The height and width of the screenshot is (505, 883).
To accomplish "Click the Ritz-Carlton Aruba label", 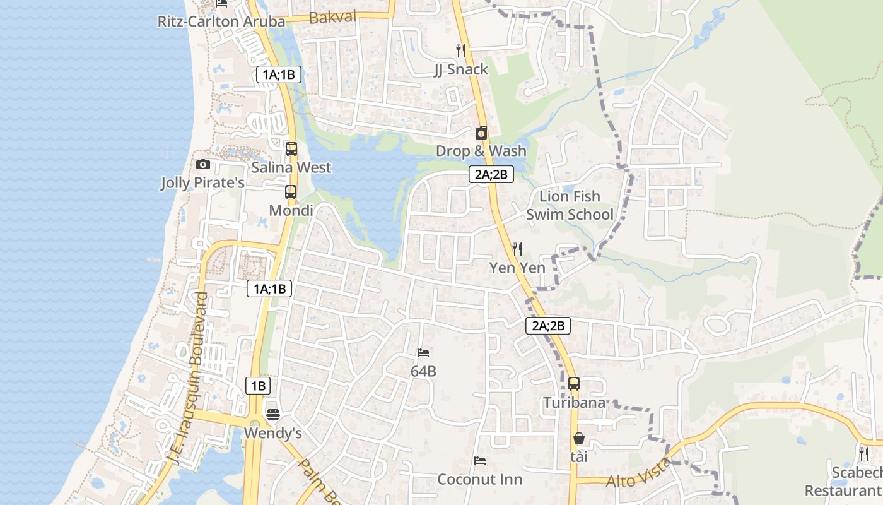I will tap(221, 21).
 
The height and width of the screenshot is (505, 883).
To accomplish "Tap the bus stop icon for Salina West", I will tap(291, 149).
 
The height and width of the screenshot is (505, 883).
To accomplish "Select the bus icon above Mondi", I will tap(290, 192).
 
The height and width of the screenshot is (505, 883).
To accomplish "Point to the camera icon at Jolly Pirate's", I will tap(202, 165).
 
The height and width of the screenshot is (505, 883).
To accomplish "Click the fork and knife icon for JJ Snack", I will tap(461, 50).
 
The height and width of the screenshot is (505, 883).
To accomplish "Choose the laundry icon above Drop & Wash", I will tap(481, 133).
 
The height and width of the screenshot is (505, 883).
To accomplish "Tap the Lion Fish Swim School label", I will tap(570, 205).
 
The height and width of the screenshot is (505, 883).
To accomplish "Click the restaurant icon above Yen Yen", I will tap(517, 249).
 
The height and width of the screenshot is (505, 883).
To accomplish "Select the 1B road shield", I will tap(257, 386).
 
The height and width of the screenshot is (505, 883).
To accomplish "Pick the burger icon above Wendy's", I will tap(272, 414).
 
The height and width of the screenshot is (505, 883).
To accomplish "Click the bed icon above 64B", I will tap(423, 352).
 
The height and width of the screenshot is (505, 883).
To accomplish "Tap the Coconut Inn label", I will tap(479, 479).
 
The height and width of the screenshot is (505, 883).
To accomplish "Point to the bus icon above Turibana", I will tap(573, 383).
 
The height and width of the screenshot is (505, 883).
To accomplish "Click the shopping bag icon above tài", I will tap(578, 437).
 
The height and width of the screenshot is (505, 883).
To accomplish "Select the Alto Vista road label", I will tap(638, 473).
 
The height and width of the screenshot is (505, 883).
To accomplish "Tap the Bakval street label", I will tap(333, 17).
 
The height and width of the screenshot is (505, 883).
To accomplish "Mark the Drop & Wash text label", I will tap(481, 151).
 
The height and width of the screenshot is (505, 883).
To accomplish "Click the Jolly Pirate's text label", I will tap(202, 183).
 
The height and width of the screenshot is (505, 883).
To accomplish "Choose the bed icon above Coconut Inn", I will tap(480, 461).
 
